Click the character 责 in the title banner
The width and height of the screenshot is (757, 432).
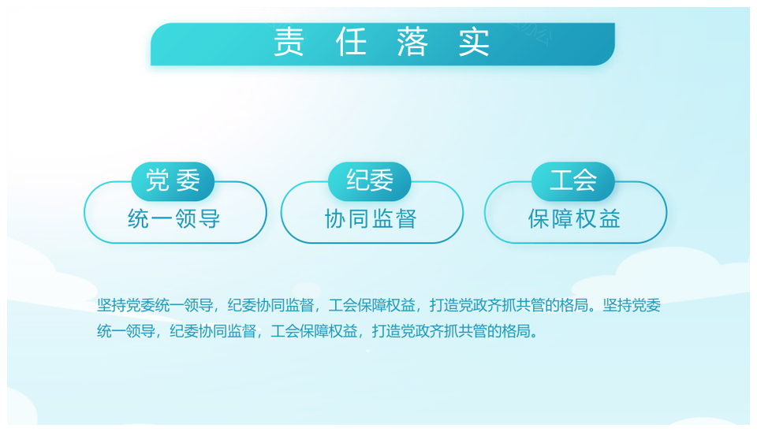click(x=289, y=42)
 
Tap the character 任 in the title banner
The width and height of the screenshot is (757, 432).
click(x=351, y=42)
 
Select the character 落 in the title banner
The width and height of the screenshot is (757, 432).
click(x=412, y=42)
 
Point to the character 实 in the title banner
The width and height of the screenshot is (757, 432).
click(x=474, y=42)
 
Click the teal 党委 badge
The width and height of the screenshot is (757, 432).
click(x=173, y=181)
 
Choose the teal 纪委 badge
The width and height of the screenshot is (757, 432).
click(x=369, y=181)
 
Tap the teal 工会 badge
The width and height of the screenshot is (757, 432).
click(x=573, y=181)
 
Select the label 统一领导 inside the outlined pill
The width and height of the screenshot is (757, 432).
click(x=173, y=218)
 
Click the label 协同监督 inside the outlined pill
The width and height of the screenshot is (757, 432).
click(x=371, y=218)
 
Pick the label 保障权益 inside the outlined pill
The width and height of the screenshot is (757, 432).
click(x=574, y=218)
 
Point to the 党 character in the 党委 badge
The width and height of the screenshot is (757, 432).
click(x=158, y=181)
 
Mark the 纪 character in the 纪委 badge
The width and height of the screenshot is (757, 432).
click(x=358, y=181)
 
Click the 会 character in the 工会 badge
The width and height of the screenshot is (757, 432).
click(x=585, y=181)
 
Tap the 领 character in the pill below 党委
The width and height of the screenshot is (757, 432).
click(x=185, y=218)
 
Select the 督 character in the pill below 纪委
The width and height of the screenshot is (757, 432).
click(x=405, y=218)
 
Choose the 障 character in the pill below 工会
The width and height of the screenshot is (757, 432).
click(x=562, y=218)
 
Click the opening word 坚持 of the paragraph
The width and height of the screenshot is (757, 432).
click(x=111, y=305)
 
